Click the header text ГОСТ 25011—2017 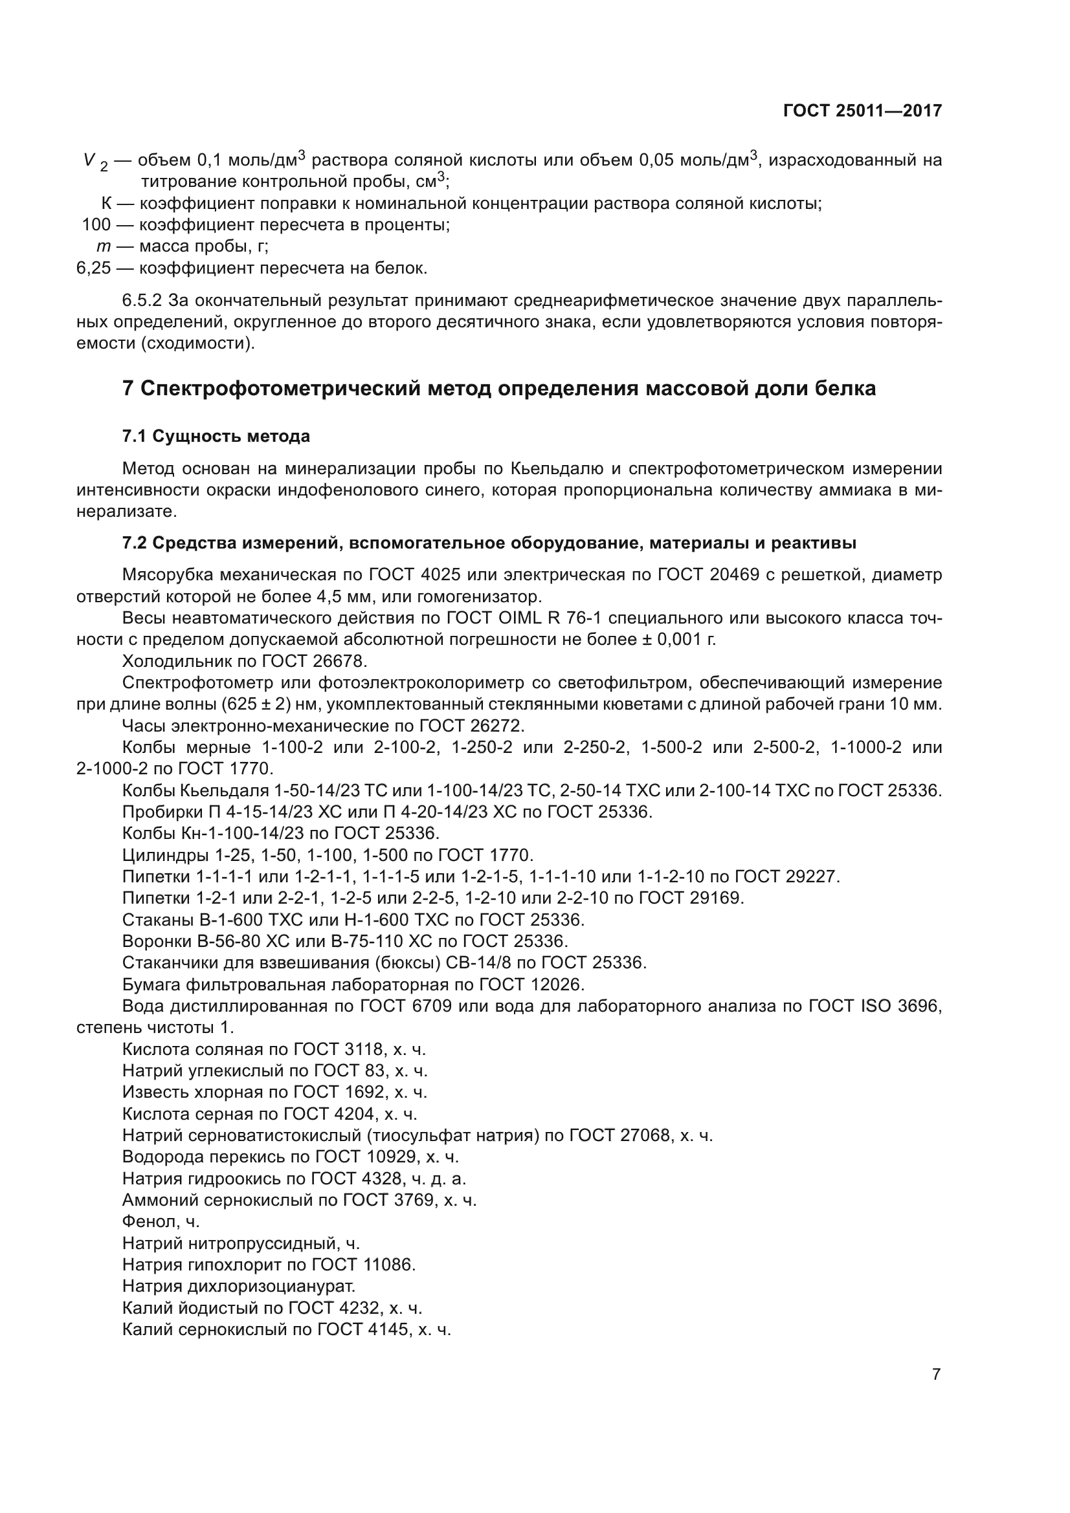tap(862, 111)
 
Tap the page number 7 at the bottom tap(936, 1374)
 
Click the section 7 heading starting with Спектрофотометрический tap(499, 388)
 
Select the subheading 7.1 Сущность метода tap(216, 436)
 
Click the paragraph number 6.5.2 tap(142, 301)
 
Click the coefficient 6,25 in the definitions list tap(94, 268)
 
